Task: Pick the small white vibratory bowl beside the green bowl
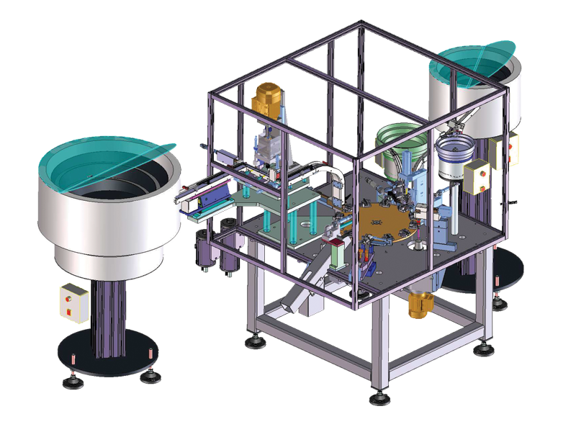click(x=453, y=158)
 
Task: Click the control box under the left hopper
click(x=74, y=300)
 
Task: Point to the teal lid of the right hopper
click(x=472, y=62)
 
